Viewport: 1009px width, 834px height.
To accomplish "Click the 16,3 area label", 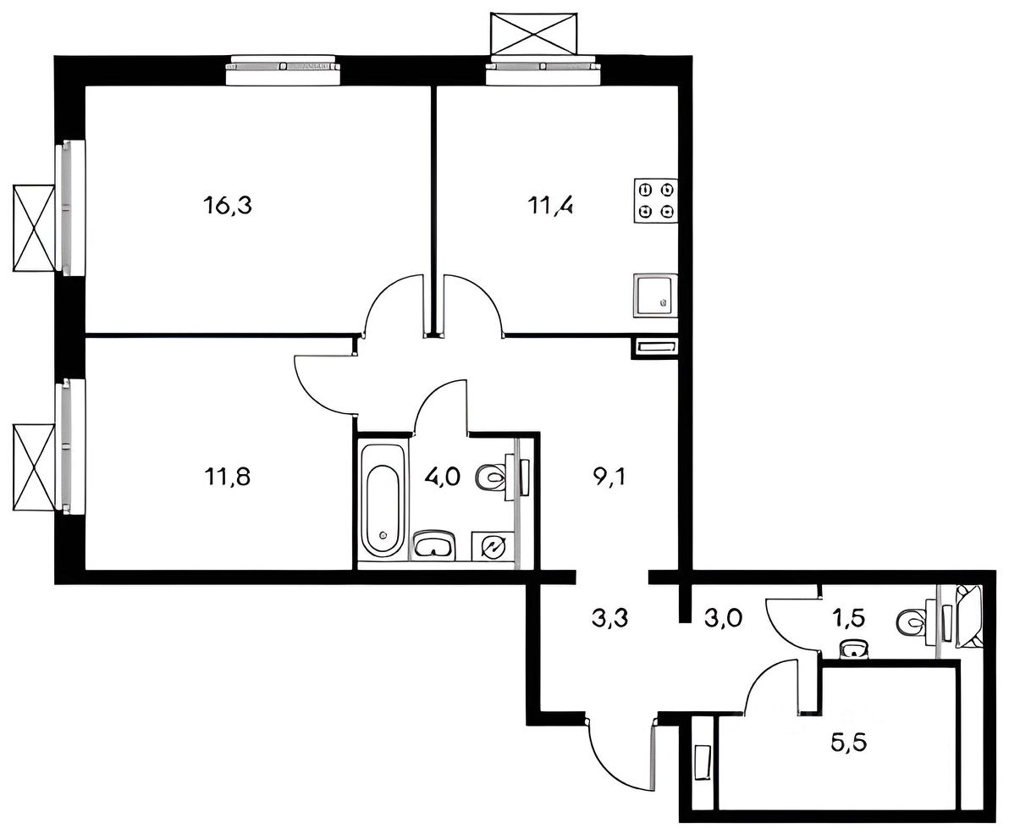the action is click(227, 206).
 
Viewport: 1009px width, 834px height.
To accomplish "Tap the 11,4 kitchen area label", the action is click(551, 206).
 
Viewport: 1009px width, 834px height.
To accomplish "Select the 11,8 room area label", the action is click(227, 477).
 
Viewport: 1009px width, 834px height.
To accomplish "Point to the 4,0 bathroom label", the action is click(442, 477).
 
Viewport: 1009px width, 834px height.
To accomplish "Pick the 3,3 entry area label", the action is click(609, 618).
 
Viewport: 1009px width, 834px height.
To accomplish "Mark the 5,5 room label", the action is click(849, 743).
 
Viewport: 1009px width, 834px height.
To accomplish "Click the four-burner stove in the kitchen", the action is click(656, 200).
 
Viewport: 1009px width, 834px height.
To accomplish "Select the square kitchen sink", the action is click(656, 295).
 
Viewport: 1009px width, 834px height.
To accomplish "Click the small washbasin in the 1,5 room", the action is click(855, 649).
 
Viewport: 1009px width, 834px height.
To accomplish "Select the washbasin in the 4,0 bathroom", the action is click(435, 545).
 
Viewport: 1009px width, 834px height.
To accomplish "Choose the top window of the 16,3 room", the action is click(283, 69).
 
